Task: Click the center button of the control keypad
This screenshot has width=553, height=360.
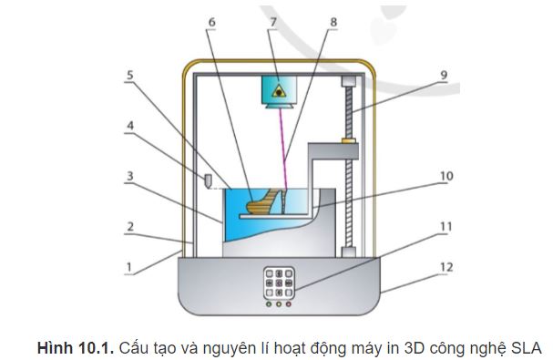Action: (277, 284)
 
